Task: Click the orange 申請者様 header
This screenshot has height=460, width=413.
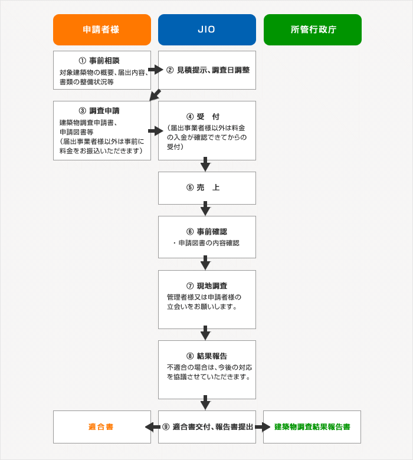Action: (x=102, y=29)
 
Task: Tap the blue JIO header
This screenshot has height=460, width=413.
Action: (x=207, y=29)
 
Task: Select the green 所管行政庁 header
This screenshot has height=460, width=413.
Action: (x=313, y=29)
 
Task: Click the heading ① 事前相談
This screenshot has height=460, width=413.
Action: (x=99, y=61)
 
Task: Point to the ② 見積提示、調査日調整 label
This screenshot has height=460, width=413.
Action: (x=208, y=70)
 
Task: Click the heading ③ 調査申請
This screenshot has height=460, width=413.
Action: (x=99, y=111)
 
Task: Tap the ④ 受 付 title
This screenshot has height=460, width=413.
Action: (x=203, y=117)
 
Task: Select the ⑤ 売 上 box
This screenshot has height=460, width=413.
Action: (x=207, y=188)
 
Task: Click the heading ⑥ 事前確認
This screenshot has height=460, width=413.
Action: (x=207, y=232)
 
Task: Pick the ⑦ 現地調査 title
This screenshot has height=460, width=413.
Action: (x=207, y=286)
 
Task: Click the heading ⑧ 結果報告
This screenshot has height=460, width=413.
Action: (x=207, y=356)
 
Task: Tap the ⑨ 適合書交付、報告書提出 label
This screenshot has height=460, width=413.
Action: (x=208, y=427)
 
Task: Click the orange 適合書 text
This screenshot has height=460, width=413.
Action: (x=101, y=427)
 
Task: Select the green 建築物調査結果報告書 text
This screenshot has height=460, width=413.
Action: (x=312, y=427)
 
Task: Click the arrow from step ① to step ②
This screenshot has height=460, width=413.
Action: (x=156, y=70)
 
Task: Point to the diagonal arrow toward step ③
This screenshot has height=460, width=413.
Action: (x=155, y=96)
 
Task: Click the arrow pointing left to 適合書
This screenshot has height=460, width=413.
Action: (x=153, y=427)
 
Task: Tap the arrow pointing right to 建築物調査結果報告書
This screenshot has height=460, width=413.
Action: (x=263, y=427)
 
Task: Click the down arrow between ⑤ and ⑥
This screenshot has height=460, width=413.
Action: (x=205, y=209)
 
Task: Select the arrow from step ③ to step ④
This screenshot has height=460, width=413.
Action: (x=156, y=131)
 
